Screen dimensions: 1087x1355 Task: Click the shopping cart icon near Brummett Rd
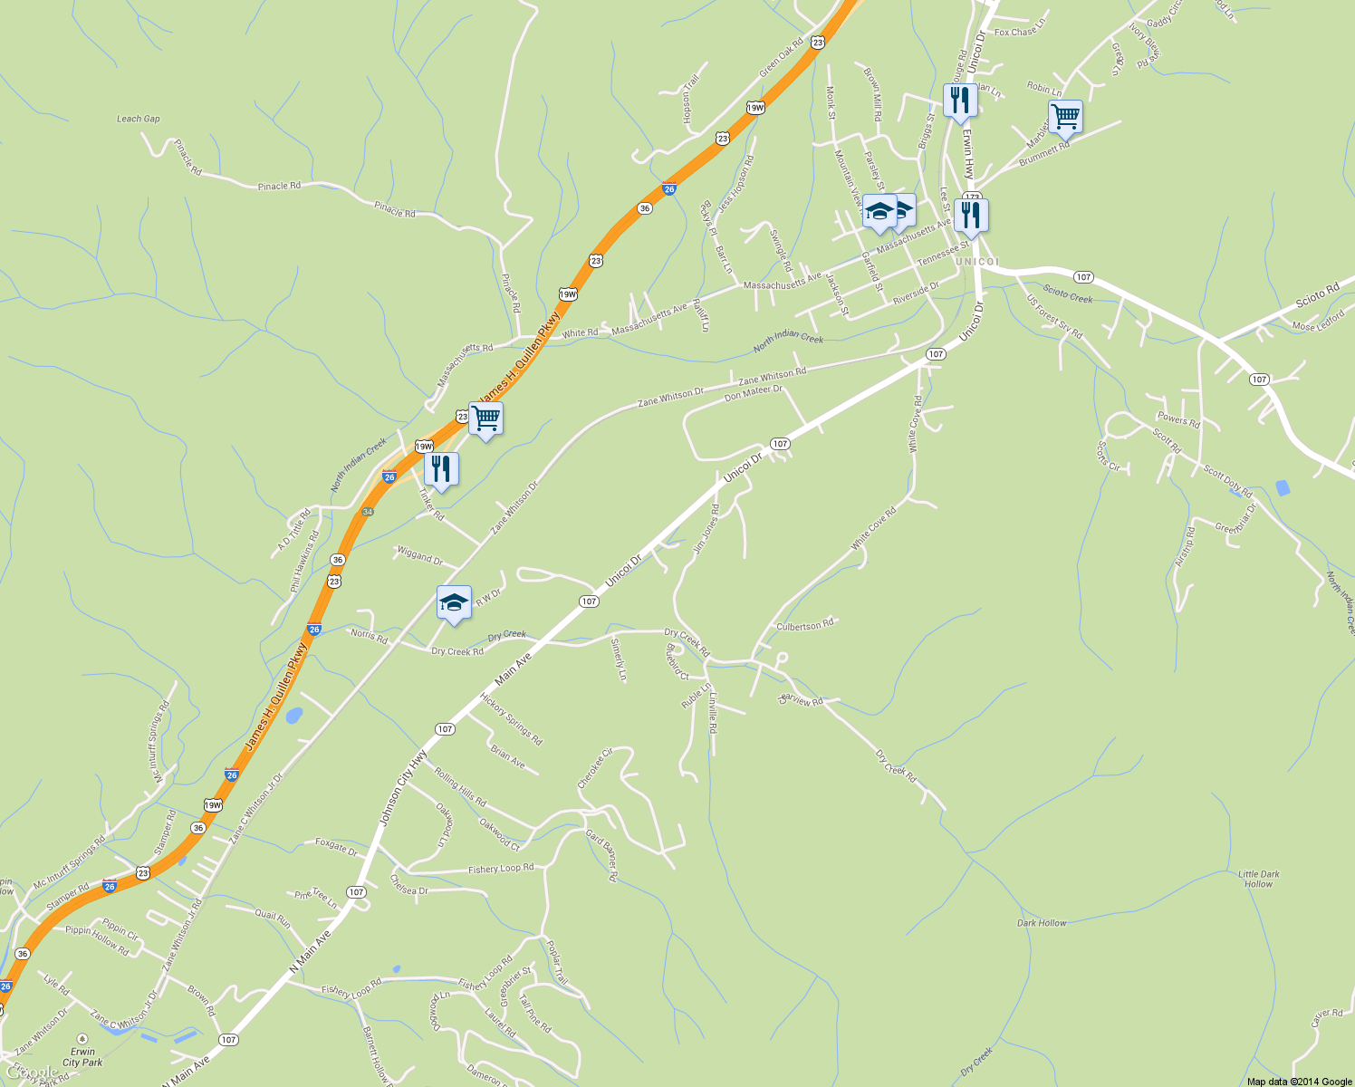coord(1065,116)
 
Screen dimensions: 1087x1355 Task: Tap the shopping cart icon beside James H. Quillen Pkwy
coord(485,418)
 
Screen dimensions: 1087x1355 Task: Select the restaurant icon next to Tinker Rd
coord(441,468)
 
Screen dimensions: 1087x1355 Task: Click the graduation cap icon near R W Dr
coord(454,602)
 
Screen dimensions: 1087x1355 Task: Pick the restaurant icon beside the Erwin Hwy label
coord(960,100)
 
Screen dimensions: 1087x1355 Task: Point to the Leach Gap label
coord(138,119)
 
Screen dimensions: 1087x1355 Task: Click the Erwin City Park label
coord(82,1057)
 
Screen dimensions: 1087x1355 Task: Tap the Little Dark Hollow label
coord(1258,879)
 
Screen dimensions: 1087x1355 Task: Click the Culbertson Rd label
coord(804,626)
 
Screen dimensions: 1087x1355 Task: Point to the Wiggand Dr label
coord(419,555)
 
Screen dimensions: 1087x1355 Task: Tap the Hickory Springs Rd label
coord(512,719)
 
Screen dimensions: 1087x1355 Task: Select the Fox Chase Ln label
coord(1020,32)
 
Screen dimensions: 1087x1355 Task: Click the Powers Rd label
coord(1178,418)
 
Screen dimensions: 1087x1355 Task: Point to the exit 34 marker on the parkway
coord(368,512)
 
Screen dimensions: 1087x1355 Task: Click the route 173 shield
coord(973,197)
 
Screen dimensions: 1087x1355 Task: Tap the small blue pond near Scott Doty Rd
coord(1282,488)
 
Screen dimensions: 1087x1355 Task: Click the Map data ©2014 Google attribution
coord(1299,1081)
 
